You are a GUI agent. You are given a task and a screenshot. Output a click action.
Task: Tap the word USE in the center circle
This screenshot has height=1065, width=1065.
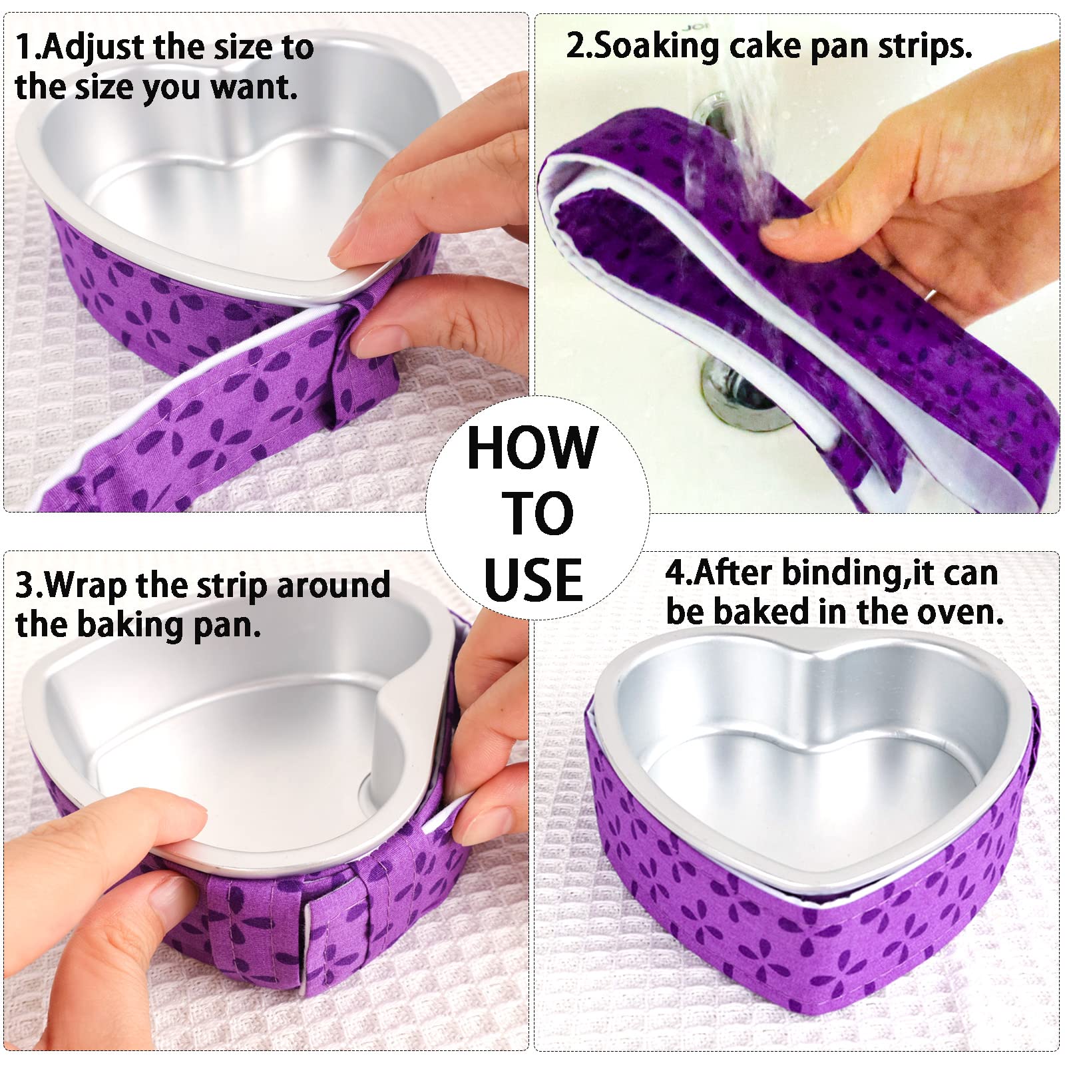pyautogui.click(x=533, y=580)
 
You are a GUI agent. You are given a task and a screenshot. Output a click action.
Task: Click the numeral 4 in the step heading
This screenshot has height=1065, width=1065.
pyautogui.click(x=675, y=574)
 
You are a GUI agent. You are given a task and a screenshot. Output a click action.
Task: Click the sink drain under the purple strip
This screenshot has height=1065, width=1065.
pyautogui.click(x=736, y=399)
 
